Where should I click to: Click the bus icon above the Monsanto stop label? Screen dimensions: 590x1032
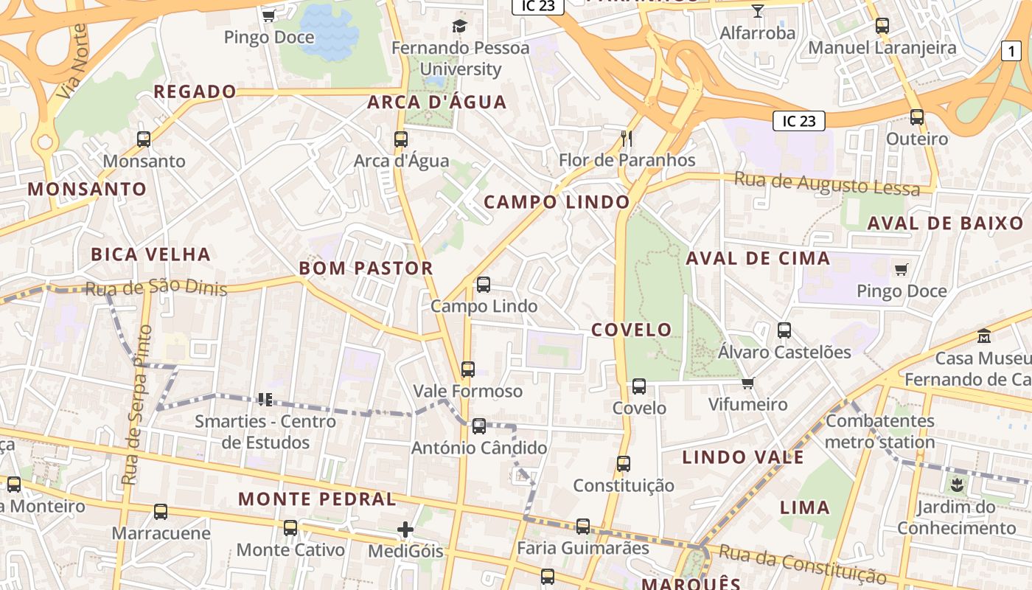click(144, 139)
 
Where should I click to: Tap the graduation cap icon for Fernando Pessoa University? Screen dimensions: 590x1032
click(460, 27)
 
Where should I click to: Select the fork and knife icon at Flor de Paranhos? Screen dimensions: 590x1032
click(627, 138)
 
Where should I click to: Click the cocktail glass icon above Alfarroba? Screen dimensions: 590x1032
click(757, 10)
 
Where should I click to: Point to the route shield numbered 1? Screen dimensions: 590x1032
click(1011, 51)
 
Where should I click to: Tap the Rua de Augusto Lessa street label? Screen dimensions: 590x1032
click(827, 184)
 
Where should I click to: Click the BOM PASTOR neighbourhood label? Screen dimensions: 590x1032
click(366, 268)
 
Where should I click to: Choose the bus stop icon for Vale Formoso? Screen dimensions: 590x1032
click(468, 369)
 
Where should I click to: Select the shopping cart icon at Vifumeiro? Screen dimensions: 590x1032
click(747, 383)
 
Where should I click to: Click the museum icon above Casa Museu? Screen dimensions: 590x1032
click(983, 336)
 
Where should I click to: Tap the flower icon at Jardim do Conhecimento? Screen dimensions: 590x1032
click(957, 485)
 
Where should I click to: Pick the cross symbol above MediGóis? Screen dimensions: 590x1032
click(405, 530)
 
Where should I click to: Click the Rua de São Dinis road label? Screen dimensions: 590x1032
click(156, 288)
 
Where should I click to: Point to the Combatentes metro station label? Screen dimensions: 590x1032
click(879, 431)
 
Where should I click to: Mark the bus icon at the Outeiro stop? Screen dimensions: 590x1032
click(917, 117)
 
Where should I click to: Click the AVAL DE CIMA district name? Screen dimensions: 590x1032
click(758, 259)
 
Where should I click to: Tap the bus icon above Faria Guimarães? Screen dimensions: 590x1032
click(583, 527)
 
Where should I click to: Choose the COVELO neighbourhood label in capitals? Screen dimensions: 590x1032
click(632, 330)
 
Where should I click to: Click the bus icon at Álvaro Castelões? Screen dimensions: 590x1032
click(784, 330)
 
